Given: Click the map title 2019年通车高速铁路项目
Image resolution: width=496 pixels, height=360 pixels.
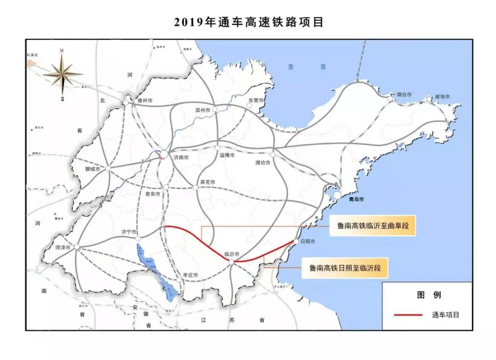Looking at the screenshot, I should [x=248, y=22].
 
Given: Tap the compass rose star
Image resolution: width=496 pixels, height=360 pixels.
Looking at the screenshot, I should [x=63, y=73].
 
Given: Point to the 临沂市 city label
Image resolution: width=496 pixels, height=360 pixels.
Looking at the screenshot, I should [x=233, y=253].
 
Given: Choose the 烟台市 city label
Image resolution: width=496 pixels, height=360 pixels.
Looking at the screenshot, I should [x=404, y=95].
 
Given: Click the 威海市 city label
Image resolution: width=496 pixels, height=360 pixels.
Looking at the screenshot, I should [x=442, y=97].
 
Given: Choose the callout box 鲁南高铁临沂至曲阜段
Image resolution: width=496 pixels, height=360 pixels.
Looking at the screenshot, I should [x=372, y=226].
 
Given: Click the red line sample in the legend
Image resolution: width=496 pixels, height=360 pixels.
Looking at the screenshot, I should [x=408, y=315].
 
